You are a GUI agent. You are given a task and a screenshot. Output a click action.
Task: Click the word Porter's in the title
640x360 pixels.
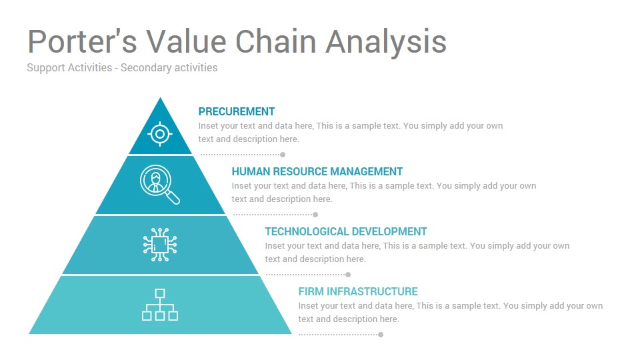[82, 41]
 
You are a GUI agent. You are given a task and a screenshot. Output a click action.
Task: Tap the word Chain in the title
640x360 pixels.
[276, 41]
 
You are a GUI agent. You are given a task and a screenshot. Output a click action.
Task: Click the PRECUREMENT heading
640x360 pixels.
[236, 111]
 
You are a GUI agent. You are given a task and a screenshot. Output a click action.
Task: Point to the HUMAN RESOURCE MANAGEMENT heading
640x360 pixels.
[317, 171]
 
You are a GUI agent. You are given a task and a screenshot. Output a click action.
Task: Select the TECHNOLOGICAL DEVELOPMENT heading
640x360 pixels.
[346, 231]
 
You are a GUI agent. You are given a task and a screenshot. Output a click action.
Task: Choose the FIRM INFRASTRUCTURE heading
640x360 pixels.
[358, 291]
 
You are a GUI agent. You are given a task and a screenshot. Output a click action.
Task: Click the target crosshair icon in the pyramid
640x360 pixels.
[160, 133]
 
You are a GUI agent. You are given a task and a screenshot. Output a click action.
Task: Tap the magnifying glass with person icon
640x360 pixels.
[159, 184]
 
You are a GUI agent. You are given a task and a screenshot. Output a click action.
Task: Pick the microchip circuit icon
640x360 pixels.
[160, 245]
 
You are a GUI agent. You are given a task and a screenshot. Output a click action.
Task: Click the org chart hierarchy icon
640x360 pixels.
[160, 305]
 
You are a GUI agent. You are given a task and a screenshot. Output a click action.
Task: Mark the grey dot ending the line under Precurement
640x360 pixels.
[283, 154]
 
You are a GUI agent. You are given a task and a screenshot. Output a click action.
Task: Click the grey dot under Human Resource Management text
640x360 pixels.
[315, 214]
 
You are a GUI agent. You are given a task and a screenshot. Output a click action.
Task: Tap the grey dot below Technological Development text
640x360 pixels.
[348, 274]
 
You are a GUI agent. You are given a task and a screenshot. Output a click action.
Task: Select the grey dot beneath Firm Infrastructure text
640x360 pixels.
[381, 334]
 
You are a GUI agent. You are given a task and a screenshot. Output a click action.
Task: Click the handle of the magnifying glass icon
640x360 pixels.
[173, 197]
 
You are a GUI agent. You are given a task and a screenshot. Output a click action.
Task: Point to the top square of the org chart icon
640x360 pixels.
[160, 293]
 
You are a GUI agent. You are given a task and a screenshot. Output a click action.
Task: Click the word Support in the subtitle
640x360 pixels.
[46, 68]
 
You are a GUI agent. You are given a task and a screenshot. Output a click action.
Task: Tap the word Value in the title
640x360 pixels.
[186, 41]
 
